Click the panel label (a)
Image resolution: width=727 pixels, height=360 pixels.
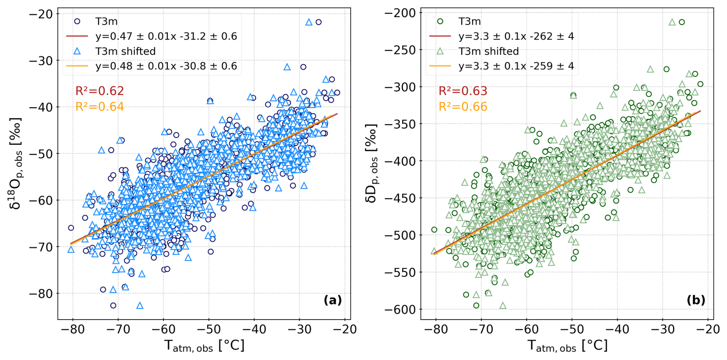click(332, 300)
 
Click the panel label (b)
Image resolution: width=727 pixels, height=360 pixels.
click(695, 300)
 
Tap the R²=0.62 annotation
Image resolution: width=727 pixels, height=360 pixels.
click(100, 91)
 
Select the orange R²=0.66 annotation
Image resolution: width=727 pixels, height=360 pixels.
click(463, 106)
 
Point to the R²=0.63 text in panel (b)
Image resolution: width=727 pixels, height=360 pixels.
click(463, 91)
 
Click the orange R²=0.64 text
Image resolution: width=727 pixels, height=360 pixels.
click(100, 106)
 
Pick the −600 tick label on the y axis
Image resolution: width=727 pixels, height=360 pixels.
click(400, 309)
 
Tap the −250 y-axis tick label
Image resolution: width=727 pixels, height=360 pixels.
click(400, 50)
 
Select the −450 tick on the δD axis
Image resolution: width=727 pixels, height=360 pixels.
click(400, 198)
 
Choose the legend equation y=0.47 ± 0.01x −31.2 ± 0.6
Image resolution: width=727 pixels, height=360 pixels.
click(166, 36)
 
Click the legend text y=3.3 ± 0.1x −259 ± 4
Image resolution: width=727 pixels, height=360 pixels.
click(516, 66)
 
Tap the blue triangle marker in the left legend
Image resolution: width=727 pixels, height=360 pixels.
click(77, 51)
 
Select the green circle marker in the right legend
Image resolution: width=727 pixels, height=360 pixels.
click(440, 22)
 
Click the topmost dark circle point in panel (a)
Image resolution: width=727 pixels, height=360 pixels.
click(319, 22)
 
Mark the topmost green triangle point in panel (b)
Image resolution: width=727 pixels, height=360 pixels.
click(672, 22)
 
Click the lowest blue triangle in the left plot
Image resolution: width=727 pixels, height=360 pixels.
click(140, 306)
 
